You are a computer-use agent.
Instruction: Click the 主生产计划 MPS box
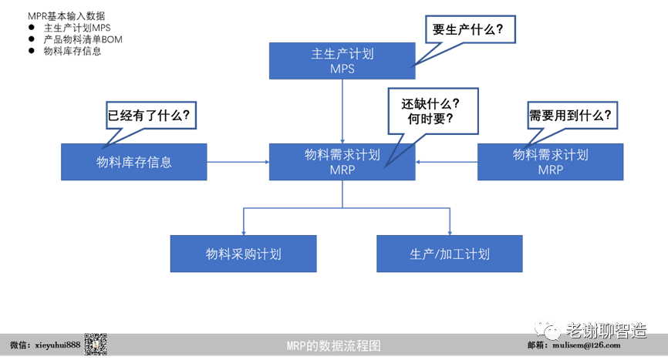pyautogui.click(x=342, y=60)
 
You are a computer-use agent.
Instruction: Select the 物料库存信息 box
pyautogui.click(x=133, y=162)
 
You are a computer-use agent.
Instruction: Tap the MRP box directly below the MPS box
pyautogui.click(x=342, y=162)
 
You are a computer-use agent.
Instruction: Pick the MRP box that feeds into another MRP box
pyautogui.click(x=550, y=162)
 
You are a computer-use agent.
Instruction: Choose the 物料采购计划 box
pyautogui.click(x=243, y=254)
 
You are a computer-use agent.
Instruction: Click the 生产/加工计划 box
pyautogui.click(x=450, y=254)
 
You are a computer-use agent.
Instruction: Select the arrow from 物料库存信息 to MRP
pyautogui.click(x=238, y=162)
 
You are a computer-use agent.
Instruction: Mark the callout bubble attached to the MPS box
pyautogui.click(x=471, y=29)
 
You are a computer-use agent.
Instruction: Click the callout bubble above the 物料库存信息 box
pyautogui.click(x=151, y=115)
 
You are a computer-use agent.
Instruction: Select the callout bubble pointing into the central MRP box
pyautogui.click(x=433, y=111)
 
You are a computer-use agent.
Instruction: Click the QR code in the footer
pyautogui.click(x=95, y=345)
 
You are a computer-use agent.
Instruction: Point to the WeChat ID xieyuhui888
pyautogui.click(x=45, y=345)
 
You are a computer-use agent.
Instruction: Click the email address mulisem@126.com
pyautogui.click(x=587, y=346)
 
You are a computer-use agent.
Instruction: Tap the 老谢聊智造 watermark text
pyautogui.click(x=606, y=331)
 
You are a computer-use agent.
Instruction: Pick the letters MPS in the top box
pyautogui.click(x=342, y=68)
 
